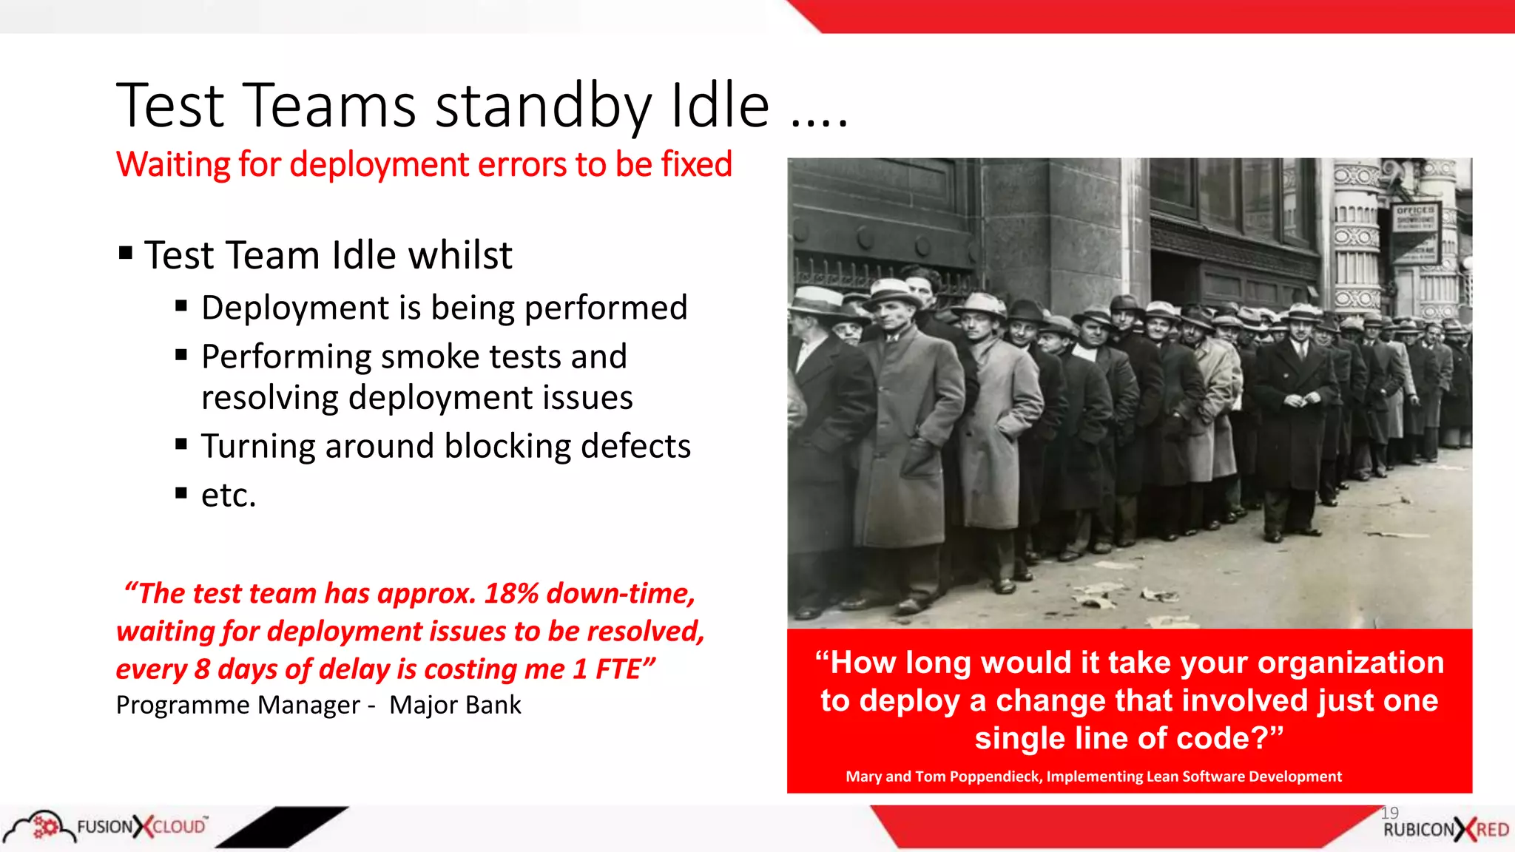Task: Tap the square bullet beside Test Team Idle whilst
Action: pos(126,254)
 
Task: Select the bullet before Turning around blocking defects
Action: pos(181,444)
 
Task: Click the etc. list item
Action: pos(229,496)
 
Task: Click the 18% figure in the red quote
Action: pos(511,593)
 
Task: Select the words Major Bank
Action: pos(455,705)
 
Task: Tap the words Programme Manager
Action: pos(237,705)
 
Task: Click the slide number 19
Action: pos(1389,813)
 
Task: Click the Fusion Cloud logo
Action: pos(107,826)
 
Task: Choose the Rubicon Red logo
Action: pos(1445,830)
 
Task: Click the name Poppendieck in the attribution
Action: pos(993,777)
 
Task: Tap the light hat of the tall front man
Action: pos(892,291)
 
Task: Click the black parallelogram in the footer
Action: pos(282,826)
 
